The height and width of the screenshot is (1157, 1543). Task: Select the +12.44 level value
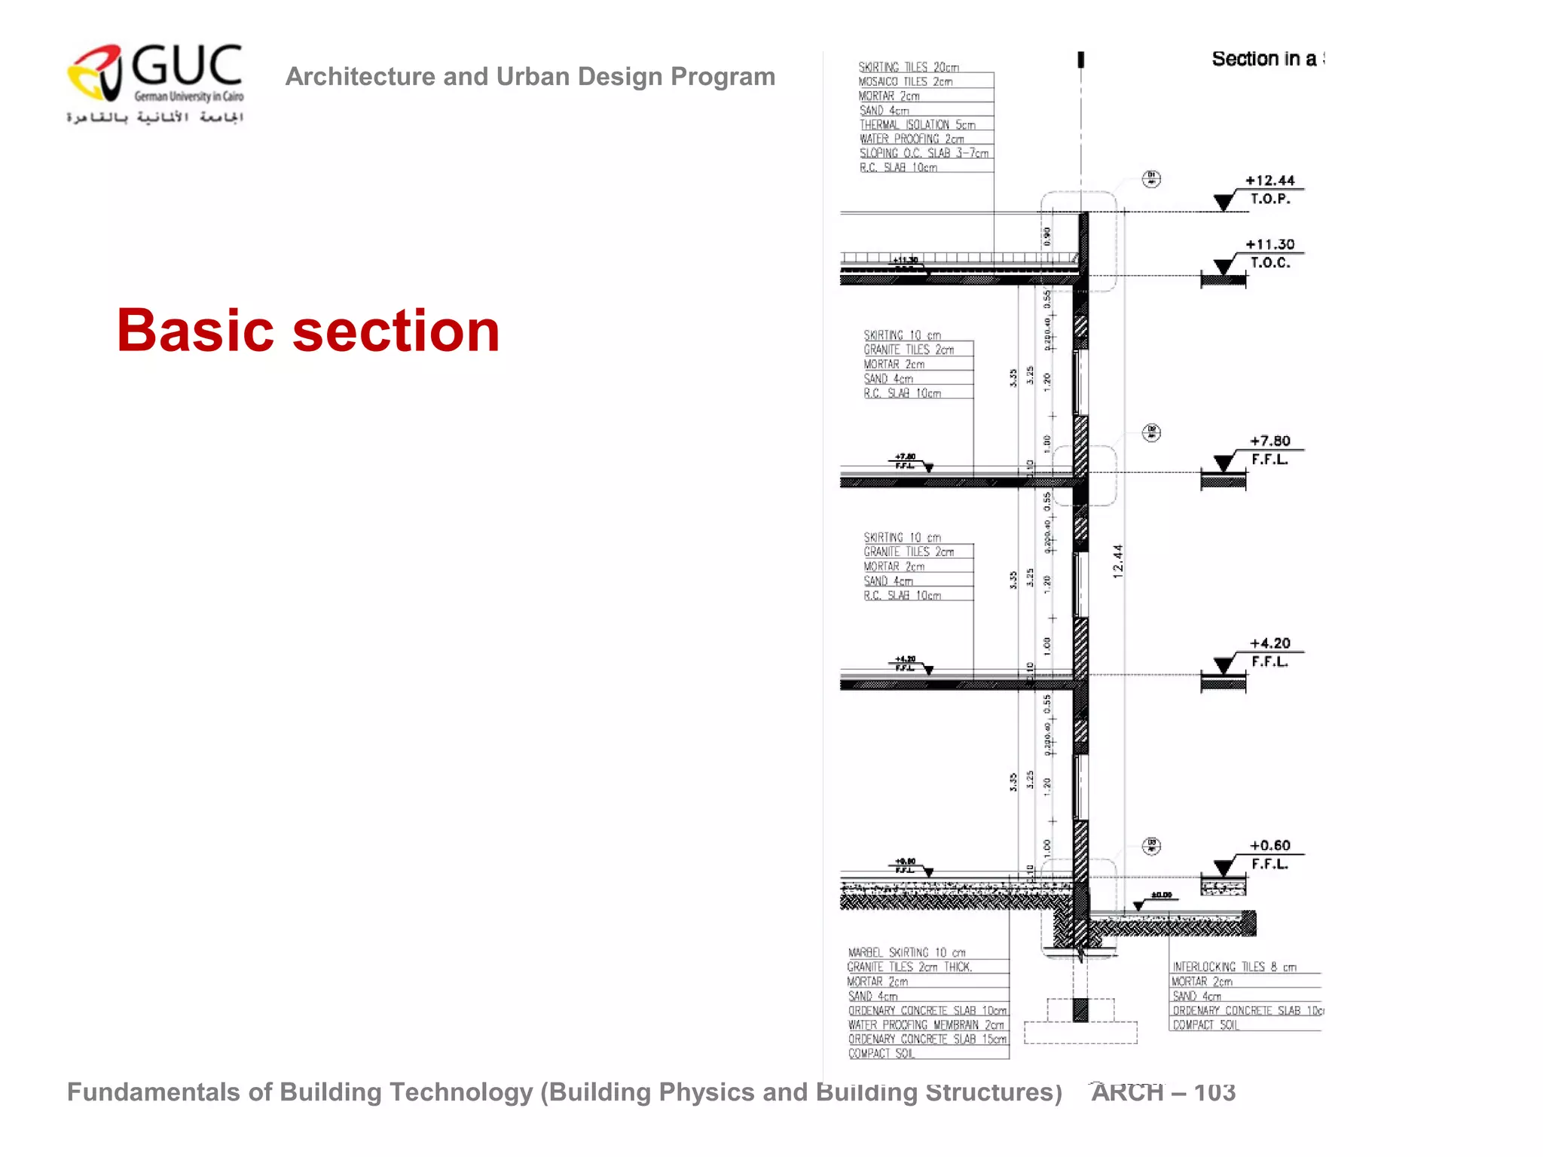1270,181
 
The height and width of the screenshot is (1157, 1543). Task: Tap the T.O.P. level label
1270,199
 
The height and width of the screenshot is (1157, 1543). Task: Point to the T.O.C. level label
1270,263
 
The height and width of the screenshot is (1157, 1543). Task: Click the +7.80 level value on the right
1270,441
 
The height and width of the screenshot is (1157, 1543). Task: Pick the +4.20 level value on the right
1270,643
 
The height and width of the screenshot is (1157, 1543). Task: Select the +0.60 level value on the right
1270,845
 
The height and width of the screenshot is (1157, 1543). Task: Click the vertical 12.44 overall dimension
1117,561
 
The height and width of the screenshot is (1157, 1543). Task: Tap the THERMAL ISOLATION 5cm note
917,125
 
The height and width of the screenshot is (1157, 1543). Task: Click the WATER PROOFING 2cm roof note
912,139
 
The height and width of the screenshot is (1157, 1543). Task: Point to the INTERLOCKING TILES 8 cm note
1234,967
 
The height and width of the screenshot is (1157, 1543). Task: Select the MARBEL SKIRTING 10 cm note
906,953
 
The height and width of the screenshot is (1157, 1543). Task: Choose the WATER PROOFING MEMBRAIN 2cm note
926,1025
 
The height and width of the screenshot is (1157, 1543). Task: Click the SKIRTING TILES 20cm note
909,68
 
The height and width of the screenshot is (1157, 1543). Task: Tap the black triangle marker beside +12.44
1224,202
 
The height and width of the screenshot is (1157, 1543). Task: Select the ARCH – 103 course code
1163,1092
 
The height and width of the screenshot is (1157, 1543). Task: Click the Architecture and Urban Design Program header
530,77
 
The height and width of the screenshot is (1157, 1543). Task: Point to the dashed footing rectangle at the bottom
1080,1032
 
